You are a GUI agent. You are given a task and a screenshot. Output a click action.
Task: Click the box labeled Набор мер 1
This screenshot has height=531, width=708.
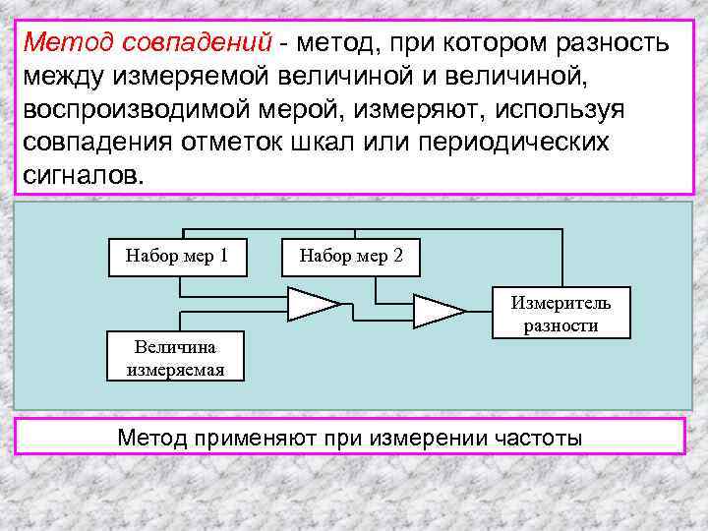(x=177, y=257)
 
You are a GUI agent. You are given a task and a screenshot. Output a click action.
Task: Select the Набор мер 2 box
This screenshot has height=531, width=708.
(x=351, y=257)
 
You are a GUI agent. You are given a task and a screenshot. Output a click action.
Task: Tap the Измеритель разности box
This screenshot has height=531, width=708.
(x=560, y=314)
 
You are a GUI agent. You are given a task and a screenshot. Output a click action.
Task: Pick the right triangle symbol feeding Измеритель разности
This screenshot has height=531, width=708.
(x=438, y=311)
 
